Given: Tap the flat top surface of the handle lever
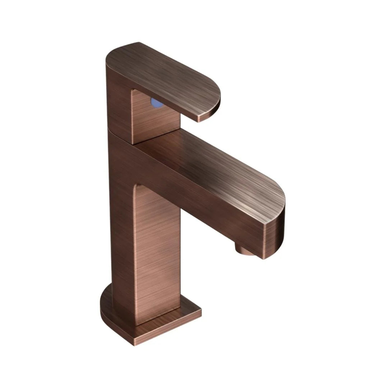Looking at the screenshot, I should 162,75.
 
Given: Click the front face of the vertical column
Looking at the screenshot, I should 156,251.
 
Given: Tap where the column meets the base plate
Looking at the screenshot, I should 158,316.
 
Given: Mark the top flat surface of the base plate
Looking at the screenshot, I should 183,313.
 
